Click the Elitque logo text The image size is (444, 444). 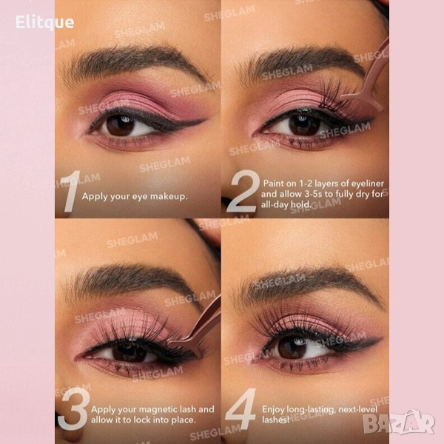pyautogui.click(x=44, y=23)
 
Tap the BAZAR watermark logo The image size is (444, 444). pyautogui.click(x=399, y=423)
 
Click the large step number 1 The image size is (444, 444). pyautogui.click(x=70, y=191)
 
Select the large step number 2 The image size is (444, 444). pyautogui.click(x=243, y=191)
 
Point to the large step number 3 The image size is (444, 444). pyautogui.click(x=73, y=409)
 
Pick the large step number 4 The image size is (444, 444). pyautogui.click(x=240, y=408)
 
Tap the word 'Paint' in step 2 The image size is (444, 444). pyautogui.click(x=273, y=184)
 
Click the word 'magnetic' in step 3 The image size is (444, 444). pyautogui.click(x=159, y=410)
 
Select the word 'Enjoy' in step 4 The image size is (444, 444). pyautogui.click(x=273, y=410)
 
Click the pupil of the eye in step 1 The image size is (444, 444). pyautogui.click(x=120, y=125)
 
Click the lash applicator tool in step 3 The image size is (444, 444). pyautogui.click(x=195, y=332)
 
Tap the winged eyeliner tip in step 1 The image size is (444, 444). pyautogui.click(x=204, y=120)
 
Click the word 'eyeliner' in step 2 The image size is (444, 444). pyautogui.click(x=368, y=184)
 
